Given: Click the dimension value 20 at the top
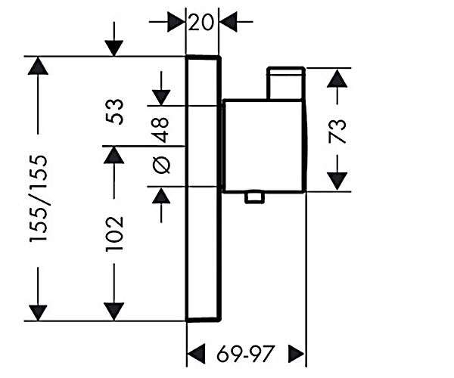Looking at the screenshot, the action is tap(201, 22).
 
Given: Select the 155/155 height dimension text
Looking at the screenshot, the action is tap(39, 198).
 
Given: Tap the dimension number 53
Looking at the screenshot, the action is tap(115, 112).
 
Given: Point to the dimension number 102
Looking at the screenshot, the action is tap(115, 234).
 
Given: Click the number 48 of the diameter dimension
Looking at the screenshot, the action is tap(160, 130).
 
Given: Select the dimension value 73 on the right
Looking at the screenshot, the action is tap(337, 132).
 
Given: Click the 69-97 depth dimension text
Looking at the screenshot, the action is tap(245, 353).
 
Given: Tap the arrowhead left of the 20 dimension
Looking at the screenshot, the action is tap(176, 22).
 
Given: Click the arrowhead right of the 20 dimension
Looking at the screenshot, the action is tap(229, 22).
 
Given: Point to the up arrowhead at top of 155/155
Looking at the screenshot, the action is tap(38, 66).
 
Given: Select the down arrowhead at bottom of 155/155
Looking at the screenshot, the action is tap(38, 313).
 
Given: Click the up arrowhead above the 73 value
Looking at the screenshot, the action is tap(337, 78).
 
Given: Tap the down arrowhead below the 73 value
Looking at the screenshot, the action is tap(337, 181).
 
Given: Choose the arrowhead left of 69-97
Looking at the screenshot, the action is tap(196, 353).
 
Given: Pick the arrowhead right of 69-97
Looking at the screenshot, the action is tap(297, 353).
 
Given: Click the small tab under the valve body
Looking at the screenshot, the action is tap(254, 197).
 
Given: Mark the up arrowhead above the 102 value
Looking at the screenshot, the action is tap(114, 155).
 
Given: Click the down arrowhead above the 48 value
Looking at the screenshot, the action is tap(161, 98).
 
